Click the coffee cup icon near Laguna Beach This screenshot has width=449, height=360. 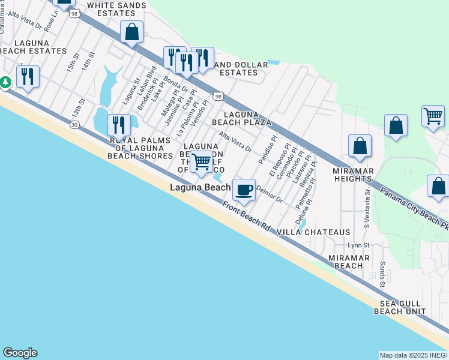(244, 190)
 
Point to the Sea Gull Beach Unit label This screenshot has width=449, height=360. (400, 307)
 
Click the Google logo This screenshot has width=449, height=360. (20, 353)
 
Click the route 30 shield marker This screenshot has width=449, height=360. (74, 124)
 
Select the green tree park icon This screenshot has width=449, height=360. (5, 82)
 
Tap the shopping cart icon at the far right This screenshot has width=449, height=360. (433, 115)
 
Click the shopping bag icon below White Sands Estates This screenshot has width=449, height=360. (131, 32)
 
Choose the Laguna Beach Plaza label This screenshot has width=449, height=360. (247, 118)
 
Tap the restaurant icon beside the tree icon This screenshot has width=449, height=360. (28, 76)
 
